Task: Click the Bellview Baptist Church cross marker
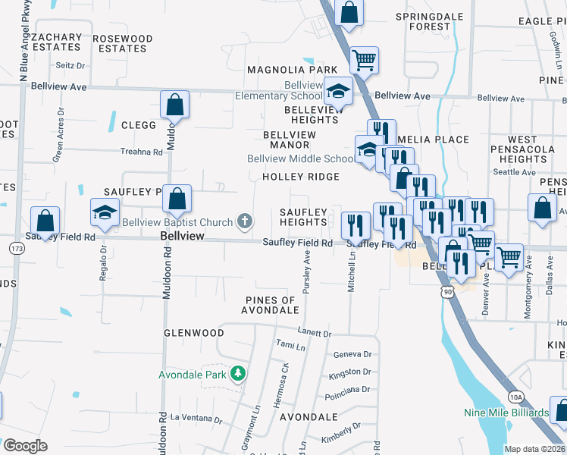(x=244, y=221)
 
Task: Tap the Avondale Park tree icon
(x=238, y=374)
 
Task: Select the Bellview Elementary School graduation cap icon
(x=337, y=93)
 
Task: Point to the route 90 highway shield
(x=446, y=291)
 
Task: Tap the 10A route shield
(x=515, y=397)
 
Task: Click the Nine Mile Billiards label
(x=507, y=413)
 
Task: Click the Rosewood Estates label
(x=122, y=43)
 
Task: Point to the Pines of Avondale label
(x=271, y=305)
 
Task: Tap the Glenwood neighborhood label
(x=194, y=333)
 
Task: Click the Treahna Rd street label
(x=142, y=152)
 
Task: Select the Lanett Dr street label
(x=315, y=333)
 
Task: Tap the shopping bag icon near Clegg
(x=174, y=105)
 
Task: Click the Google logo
(x=25, y=446)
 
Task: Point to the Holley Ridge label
(x=300, y=177)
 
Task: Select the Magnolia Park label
(x=292, y=70)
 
